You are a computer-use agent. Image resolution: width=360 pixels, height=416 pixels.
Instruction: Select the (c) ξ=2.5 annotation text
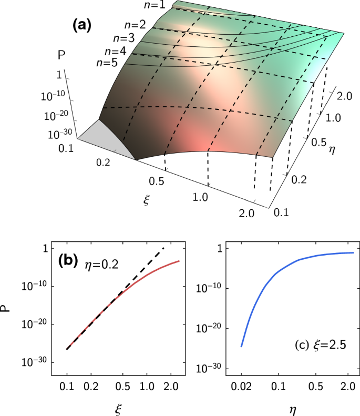(318, 347)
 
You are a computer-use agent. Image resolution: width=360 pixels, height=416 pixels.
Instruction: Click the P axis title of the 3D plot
(60, 54)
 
